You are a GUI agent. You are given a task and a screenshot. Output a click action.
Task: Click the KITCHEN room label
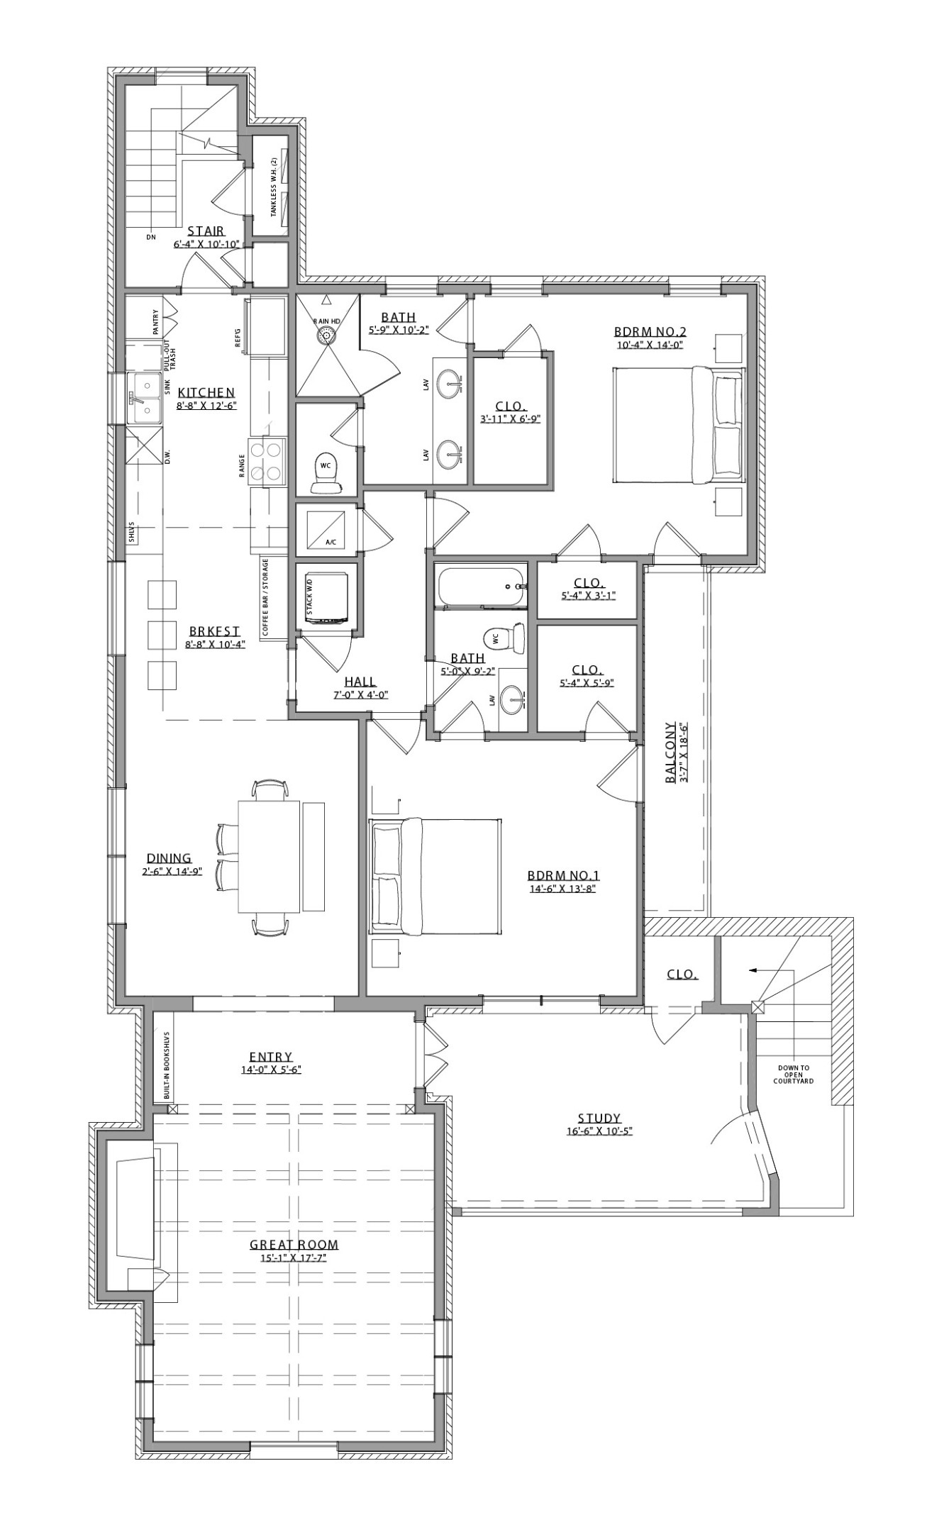[x=206, y=392]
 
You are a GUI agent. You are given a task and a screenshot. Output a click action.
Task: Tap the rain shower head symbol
[x=327, y=335]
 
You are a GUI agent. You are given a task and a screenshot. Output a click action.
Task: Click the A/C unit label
[x=331, y=542]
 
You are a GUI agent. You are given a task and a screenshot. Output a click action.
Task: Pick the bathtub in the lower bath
[x=482, y=587]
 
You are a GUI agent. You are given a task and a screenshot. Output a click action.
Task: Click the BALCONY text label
[x=670, y=753]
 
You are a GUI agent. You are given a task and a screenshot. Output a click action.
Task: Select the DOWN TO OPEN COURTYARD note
[x=793, y=1074]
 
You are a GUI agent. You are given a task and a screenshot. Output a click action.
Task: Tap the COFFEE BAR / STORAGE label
[x=265, y=597]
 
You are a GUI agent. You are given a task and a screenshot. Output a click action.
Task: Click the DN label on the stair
[x=150, y=238]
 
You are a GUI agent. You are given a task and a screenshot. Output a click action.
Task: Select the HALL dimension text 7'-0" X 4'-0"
[x=360, y=695]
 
